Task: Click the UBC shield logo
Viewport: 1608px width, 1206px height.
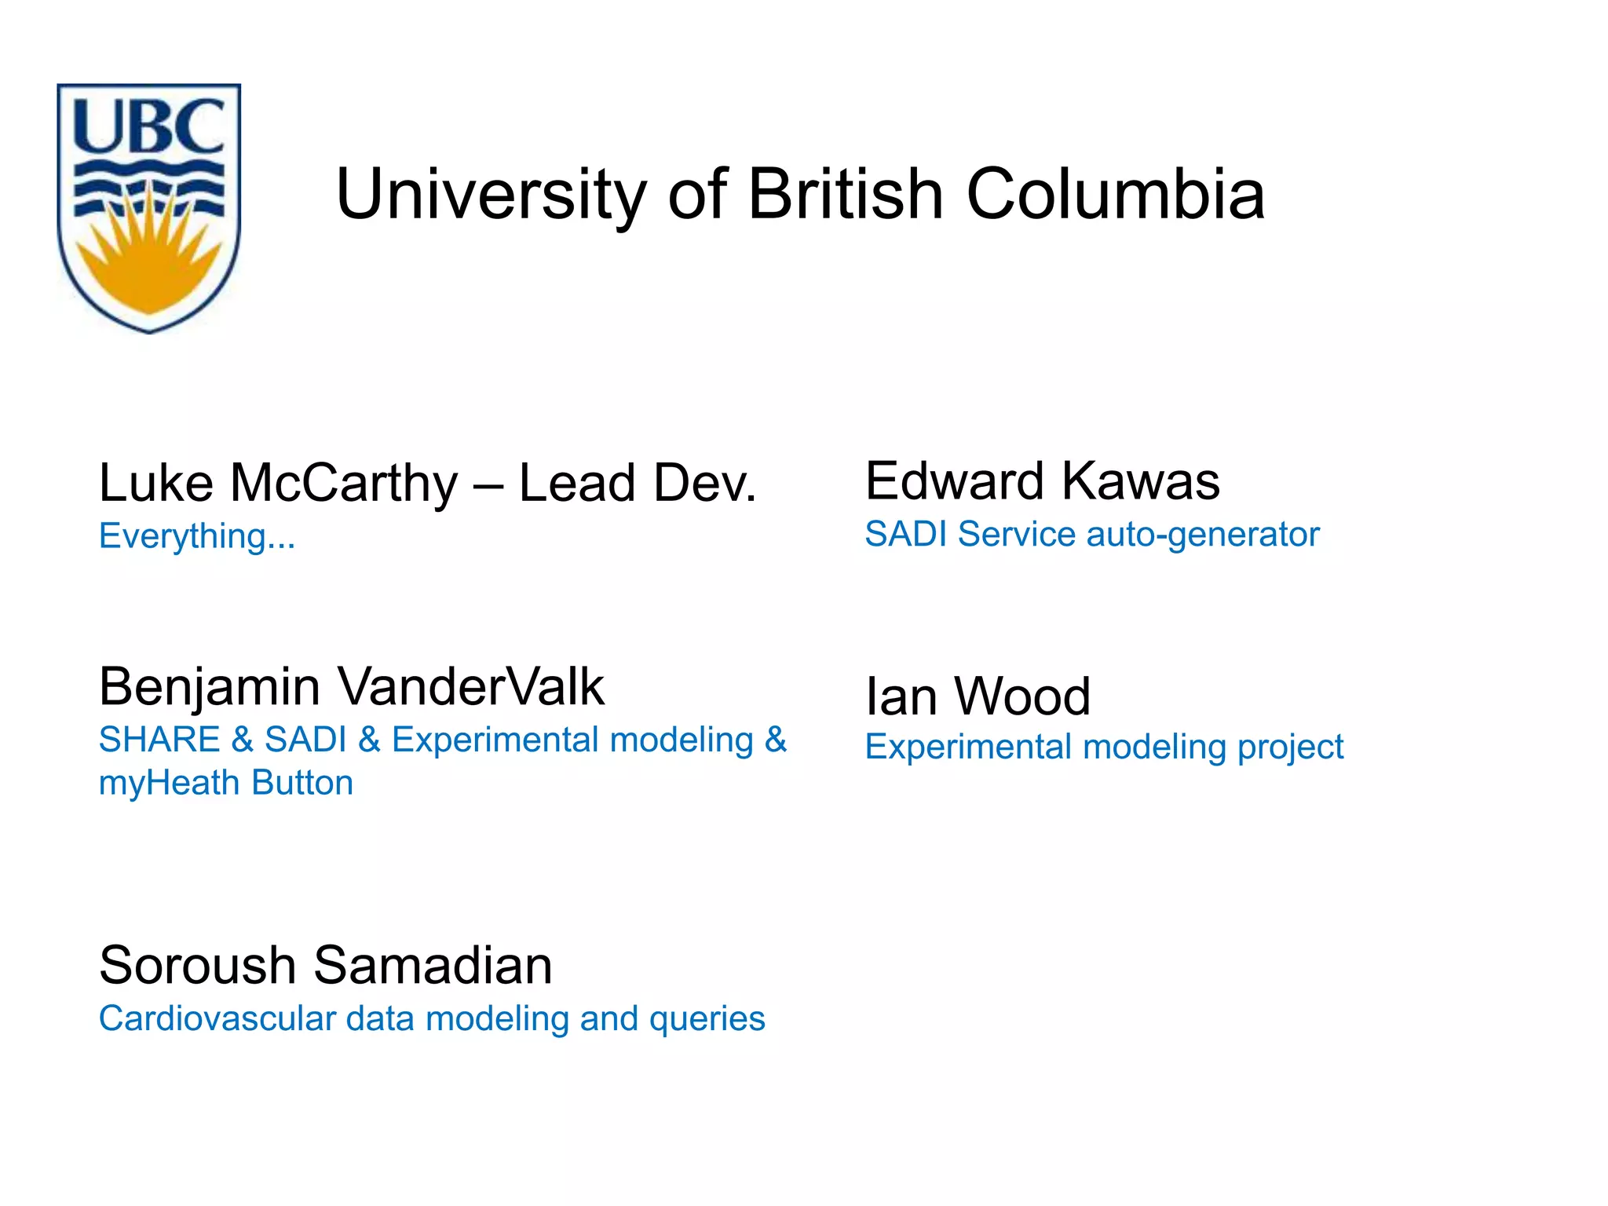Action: tap(149, 207)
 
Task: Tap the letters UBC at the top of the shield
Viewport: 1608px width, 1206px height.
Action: tap(149, 126)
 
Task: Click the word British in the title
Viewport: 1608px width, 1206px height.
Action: tap(845, 194)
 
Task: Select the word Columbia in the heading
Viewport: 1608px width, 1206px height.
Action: tap(1115, 194)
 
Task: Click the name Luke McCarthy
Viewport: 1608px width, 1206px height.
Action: tap(278, 482)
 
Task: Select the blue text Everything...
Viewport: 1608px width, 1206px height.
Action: tap(196, 536)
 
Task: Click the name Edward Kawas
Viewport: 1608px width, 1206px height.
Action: tap(1042, 481)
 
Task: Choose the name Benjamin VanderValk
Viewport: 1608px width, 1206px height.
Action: tap(351, 687)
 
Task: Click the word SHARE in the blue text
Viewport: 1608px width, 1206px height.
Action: tap(159, 740)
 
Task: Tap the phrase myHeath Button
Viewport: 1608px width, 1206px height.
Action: tap(226, 783)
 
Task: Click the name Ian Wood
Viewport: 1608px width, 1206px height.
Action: tap(978, 696)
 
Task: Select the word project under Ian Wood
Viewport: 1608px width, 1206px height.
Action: tap(1291, 747)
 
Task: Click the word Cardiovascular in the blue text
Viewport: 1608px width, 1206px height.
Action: tap(217, 1018)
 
